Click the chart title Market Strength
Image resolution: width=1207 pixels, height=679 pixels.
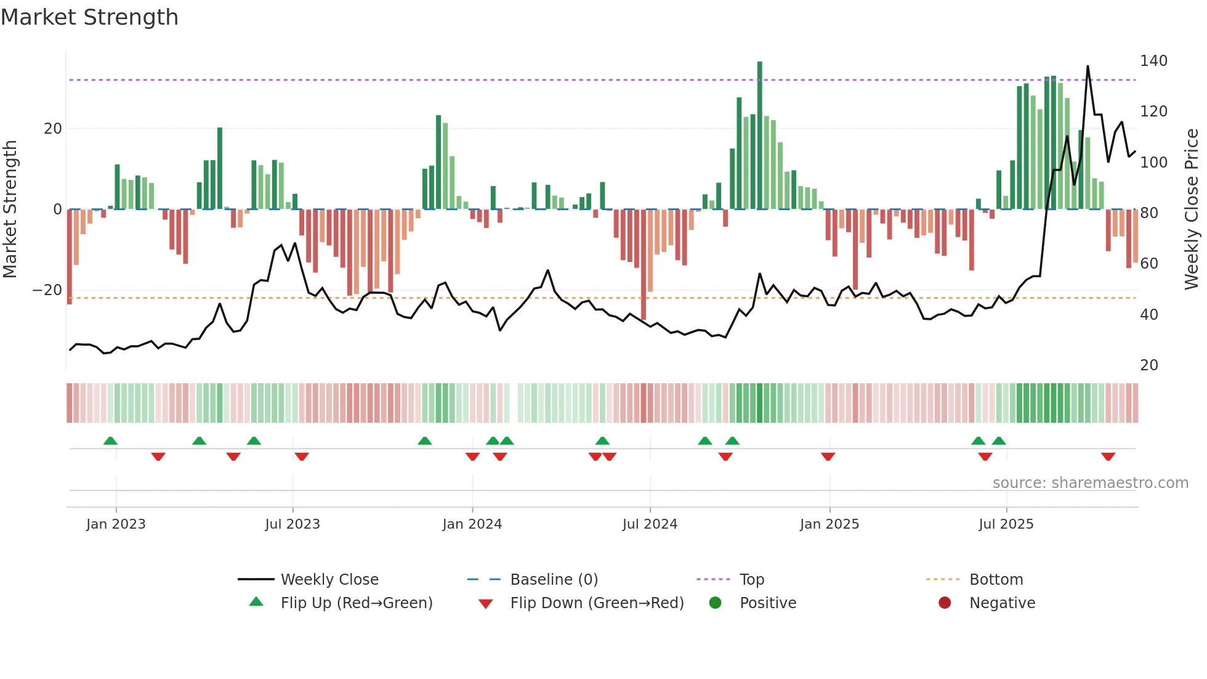pyautogui.click(x=89, y=17)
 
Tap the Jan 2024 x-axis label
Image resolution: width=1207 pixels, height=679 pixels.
pyautogui.click(x=472, y=524)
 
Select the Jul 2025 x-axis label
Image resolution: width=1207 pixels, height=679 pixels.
pyautogui.click(x=1006, y=524)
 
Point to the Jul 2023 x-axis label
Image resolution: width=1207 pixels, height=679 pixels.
pyautogui.click(x=293, y=524)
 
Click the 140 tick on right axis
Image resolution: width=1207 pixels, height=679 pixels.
pyautogui.click(x=1153, y=61)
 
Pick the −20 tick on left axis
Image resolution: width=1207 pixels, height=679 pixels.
pyautogui.click(x=47, y=290)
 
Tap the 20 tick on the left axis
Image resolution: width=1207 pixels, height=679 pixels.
pyautogui.click(x=53, y=129)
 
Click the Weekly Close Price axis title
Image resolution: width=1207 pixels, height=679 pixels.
pyautogui.click(x=1192, y=209)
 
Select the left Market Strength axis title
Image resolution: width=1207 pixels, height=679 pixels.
pyautogui.click(x=10, y=209)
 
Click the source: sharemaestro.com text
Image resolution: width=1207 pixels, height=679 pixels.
pyautogui.click(x=1090, y=483)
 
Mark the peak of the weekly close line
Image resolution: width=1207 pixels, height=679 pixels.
pyautogui.click(x=1088, y=67)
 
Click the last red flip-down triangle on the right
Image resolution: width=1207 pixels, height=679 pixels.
pyautogui.click(x=1108, y=457)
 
